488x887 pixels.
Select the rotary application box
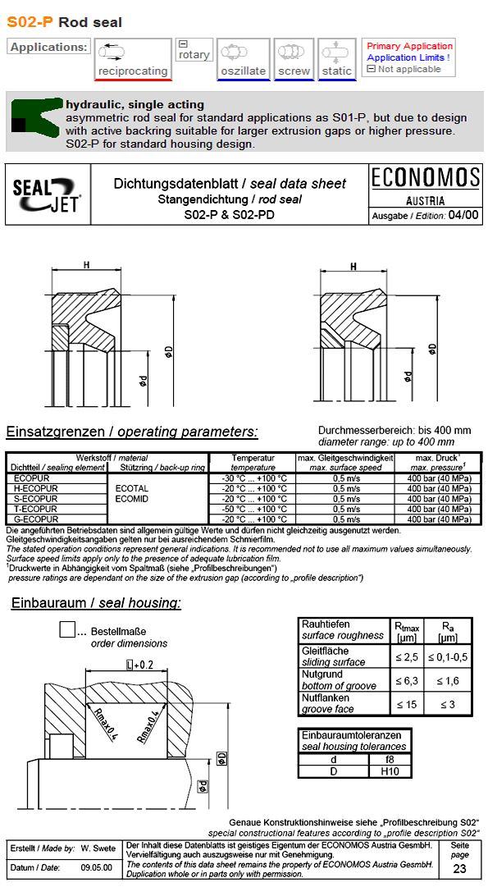pyautogui.click(x=194, y=51)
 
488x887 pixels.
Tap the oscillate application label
pyautogui.click(x=243, y=71)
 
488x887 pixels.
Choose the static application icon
pyautogui.click(x=336, y=53)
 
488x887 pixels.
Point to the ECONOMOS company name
pyautogui.click(x=425, y=178)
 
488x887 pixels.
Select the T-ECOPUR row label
pyautogui.click(x=36, y=509)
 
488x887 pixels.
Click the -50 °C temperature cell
pyautogui.click(x=253, y=509)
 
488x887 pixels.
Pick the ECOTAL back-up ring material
pyautogui.click(x=131, y=488)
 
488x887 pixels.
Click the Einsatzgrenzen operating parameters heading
pyautogui.click(x=131, y=432)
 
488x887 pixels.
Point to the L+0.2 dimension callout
pyautogui.click(x=139, y=665)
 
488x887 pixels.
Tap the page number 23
pyautogui.click(x=460, y=870)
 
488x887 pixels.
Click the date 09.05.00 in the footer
pyautogui.click(x=96, y=867)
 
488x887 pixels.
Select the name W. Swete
pyautogui.click(x=98, y=846)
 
